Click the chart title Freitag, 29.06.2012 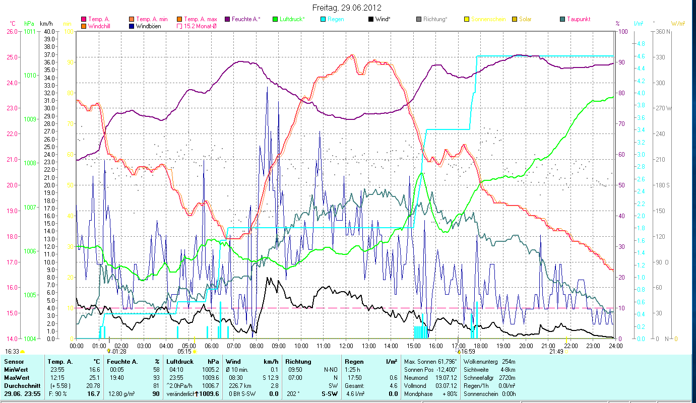[347, 8]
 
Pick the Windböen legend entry [148, 26]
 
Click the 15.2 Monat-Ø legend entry [202, 26]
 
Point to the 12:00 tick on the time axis [346, 346]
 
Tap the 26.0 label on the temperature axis [11, 31]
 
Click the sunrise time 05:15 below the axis [184, 352]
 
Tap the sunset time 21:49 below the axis [556, 352]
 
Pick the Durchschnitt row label [19, 385]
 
